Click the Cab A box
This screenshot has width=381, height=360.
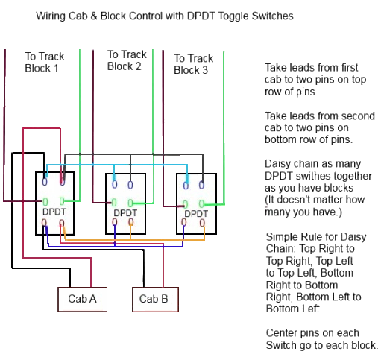(82, 300)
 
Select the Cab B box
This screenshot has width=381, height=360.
(155, 300)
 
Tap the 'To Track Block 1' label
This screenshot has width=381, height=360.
(45, 62)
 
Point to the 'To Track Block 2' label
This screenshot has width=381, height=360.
(127, 60)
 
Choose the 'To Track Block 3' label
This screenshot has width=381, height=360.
(193, 64)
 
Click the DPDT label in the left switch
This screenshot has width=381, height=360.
(54, 212)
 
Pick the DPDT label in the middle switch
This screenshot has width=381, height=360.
(125, 213)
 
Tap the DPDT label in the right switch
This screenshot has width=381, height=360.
(196, 214)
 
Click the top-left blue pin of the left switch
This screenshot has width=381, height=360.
(45, 182)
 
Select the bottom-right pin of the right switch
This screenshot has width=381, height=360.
(202, 223)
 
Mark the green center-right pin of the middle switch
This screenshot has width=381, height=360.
(130, 203)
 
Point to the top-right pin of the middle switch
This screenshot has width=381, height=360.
(130, 185)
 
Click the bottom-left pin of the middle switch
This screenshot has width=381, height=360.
(115, 222)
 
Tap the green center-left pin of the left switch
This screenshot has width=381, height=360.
(45, 201)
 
